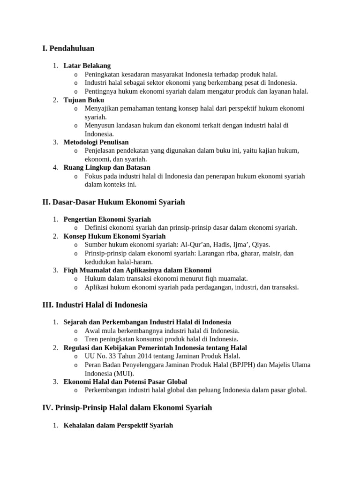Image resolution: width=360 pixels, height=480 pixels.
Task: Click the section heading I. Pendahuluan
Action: click(68, 48)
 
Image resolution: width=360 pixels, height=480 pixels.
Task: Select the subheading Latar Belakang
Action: click(87, 66)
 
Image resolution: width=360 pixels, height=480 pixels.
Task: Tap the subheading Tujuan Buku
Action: click(83, 100)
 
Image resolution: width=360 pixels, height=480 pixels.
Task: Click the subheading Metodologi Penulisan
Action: click(96, 142)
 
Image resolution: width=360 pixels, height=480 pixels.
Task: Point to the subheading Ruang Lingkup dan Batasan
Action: click(107, 167)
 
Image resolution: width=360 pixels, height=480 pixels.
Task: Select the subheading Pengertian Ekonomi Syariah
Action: click(107, 219)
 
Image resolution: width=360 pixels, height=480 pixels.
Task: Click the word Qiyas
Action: click(261, 245)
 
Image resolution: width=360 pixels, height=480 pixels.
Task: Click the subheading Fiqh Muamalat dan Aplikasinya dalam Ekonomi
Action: click(137, 270)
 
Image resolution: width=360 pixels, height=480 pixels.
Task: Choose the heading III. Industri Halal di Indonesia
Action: click(95, 305)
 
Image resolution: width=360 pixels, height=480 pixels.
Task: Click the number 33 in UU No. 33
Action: click(111, 356)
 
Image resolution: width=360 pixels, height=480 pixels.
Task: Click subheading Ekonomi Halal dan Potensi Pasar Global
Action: click(125, 382)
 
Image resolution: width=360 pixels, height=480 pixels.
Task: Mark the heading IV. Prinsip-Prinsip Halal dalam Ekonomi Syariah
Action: click(127, 408)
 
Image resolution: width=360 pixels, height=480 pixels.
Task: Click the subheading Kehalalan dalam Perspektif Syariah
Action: click(118, 425)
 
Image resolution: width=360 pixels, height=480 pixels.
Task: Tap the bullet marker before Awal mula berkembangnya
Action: click(76, 331)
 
